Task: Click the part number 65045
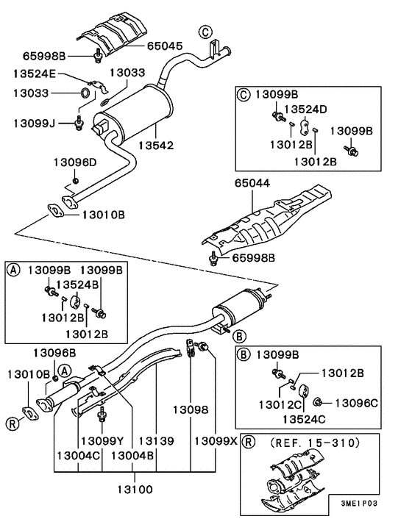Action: point(165,46)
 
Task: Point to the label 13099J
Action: point(34,122)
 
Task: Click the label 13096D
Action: point(75,161)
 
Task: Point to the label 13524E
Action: point(34,74)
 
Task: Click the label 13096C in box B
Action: point(357,402)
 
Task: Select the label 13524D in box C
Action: point(305,110)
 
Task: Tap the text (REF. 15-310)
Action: point(315,443)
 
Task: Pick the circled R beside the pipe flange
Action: point(13,423)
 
